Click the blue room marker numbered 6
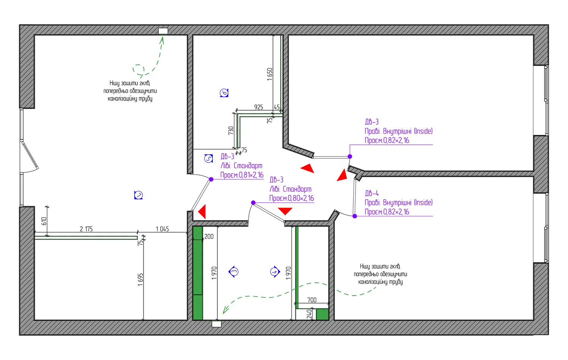pos(224,93)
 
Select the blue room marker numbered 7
pos(139,196)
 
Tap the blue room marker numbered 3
pos(234,272)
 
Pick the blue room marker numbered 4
pos(275,272)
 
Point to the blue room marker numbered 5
pos(209,158)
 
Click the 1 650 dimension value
pos(270,74)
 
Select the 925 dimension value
pos(259,107)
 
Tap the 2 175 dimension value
pos(86,229)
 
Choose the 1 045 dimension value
pos(162,229)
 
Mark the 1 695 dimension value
pos(140,280)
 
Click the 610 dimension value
pos(44,221)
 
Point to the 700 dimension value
pos(312,300)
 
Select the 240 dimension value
pos(309,314)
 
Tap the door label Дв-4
pos(372,193)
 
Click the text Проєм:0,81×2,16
pos(242,175)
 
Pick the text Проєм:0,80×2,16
pos(292,198)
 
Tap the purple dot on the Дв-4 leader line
pos(355,216)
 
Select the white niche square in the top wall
pos(163,31)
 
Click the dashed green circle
pos(139,69)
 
